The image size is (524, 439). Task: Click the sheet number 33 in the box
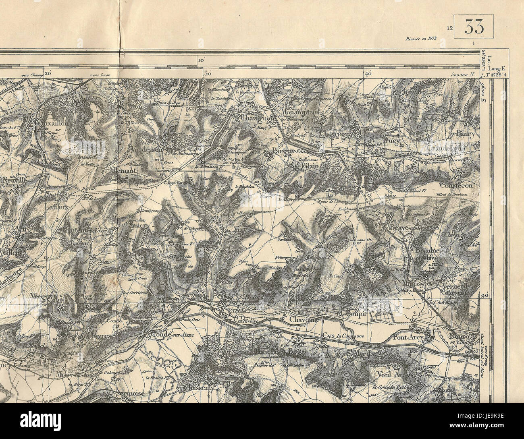pyautogui.click(x=474, y=27)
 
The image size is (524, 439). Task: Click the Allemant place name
pyautogui.click(x=124, y=171)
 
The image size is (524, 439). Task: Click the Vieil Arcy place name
pyautogui.click(x=393, y=374)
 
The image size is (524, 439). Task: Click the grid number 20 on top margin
pyautogui.click(x=48, y=73)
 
